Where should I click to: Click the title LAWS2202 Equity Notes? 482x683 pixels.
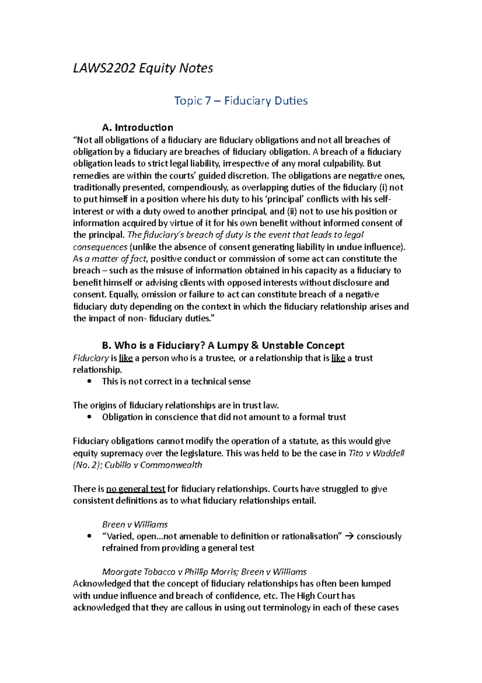(x=143, y=68)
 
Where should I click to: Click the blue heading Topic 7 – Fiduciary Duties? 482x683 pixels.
(x=241, y=101)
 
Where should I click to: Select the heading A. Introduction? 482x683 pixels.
(x=137, y=128)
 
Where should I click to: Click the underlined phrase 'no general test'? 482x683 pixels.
(x=135, y=489)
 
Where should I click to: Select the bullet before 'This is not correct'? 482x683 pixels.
(x=89, y=381)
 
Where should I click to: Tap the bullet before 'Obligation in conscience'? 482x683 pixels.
(x=89, y=417)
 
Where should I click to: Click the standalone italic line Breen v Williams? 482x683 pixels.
(x=135, y=525)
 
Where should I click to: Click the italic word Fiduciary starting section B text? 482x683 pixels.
(x=91, y=358)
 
